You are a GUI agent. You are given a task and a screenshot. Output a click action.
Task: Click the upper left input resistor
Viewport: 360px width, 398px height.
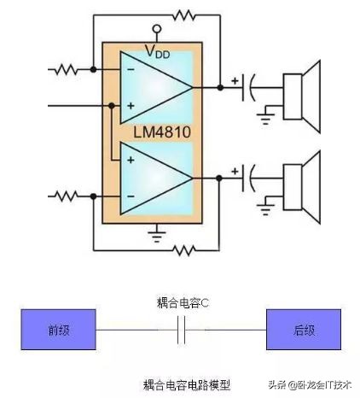[67, 68]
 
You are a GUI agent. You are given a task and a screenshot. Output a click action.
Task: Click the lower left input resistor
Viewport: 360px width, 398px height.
[67, 196]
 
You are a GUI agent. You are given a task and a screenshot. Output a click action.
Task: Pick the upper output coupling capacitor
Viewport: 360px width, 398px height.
[250, 87]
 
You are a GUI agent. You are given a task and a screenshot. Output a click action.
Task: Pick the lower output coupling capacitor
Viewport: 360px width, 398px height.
[250, 178]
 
